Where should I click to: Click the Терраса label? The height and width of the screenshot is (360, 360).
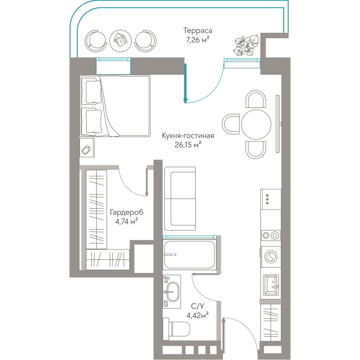197,31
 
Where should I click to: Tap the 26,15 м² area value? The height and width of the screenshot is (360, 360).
188,145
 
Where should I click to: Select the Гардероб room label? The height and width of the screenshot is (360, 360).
126,212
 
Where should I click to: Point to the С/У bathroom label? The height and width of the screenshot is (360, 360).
197,306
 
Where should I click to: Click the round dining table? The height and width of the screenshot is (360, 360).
256,124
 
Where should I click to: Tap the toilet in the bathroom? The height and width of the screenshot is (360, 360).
176,329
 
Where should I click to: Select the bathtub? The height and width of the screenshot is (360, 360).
190,255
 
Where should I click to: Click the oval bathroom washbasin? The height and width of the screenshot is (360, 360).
173,292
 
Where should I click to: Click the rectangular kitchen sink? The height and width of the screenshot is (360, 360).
271,284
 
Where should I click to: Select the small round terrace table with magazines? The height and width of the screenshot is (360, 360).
121,41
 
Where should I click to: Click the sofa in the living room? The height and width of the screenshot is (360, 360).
180,199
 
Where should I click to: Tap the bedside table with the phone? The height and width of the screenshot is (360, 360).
87,148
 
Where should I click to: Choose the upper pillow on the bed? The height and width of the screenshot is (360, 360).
93,91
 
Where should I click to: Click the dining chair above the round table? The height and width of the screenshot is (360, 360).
256,99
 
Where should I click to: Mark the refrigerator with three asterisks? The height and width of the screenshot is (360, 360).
271,199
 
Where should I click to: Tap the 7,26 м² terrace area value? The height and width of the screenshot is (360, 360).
197,40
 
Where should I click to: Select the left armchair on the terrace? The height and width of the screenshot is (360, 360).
95,41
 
